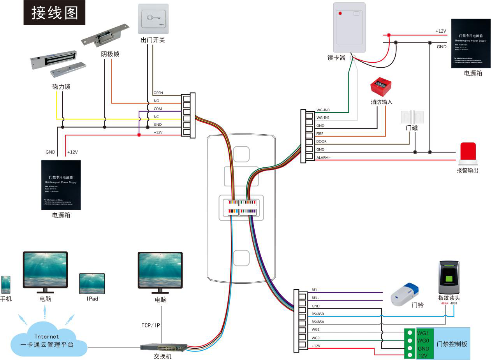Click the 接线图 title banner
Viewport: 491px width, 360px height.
[55, 12]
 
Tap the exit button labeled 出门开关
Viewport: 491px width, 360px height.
[153, 18]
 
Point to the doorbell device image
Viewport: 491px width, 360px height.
[405, 293]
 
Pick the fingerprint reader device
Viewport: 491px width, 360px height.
[449, 277]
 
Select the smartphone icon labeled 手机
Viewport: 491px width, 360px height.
[5, 284]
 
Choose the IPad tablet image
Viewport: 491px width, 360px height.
[92, 283]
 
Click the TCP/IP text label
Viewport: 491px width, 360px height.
[150, 325]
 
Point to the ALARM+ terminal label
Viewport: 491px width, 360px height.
[324, 158]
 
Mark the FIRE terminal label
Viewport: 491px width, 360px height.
[320, 134]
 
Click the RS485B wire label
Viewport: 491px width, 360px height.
[318, 314]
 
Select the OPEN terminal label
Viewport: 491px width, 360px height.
[158, 93]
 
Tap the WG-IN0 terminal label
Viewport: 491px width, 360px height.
[323, 110]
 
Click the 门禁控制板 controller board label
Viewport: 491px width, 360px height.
[452, 344]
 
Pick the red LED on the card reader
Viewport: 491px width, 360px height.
[340, 13]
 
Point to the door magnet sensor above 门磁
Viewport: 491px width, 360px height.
[412, 118]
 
